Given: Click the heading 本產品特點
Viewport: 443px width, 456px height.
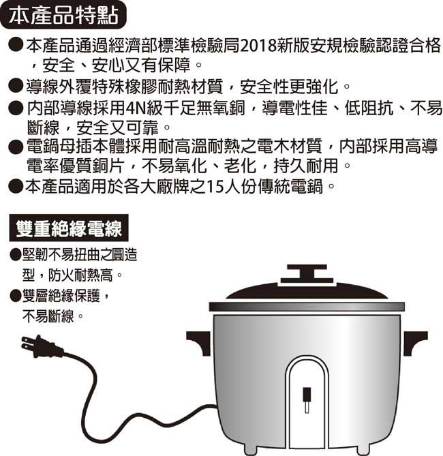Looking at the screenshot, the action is click(x=63, y=15).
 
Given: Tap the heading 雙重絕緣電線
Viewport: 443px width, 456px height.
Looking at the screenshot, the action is click(x=69, y=228).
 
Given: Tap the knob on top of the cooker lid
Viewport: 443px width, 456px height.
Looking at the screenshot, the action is click(x=307, y=273).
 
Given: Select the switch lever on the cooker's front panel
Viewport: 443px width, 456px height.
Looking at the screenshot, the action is click(x=307, y=400).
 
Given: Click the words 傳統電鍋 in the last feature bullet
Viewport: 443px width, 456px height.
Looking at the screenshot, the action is click(x=290, y=186).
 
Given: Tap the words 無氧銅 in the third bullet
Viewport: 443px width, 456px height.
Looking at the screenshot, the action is click(x=221, y=108).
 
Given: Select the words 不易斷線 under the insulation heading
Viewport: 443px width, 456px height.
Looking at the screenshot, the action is click(x=48, y=316).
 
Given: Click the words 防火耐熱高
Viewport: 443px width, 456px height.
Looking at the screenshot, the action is click(x=80, y=275).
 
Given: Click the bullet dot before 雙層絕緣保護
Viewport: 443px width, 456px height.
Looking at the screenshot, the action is click(x=16, y=295).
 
